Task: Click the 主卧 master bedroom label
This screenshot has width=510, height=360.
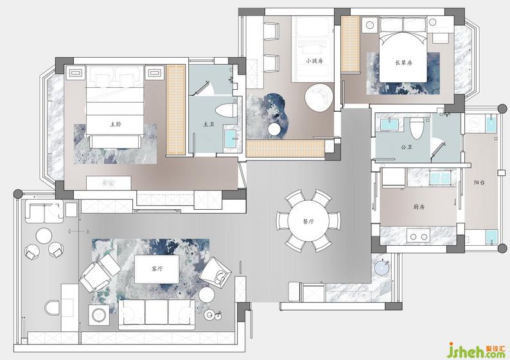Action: point(116,124)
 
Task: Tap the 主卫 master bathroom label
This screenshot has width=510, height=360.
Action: point(209,124)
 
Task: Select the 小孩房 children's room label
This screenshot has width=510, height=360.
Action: point(315,61)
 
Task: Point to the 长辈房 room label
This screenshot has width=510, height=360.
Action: point(403,63)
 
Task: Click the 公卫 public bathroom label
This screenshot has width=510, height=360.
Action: point(406,147)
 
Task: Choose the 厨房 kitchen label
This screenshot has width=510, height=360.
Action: point(419,207)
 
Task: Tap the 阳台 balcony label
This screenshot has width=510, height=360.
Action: point(479,183)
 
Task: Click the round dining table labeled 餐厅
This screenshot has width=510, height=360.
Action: point(308,221)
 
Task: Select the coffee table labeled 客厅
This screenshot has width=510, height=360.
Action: point(157,269)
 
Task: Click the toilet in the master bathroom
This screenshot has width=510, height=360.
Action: point(226,110)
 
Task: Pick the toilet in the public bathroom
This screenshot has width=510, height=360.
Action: point(416,128)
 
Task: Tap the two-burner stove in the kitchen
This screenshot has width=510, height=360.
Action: point(419,237)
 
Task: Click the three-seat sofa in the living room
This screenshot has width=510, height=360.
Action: point(157,314)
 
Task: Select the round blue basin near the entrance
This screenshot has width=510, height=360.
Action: point(383,268)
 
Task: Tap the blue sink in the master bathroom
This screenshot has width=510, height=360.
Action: point(231,139)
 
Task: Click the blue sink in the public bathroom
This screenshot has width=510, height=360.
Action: point(389,124)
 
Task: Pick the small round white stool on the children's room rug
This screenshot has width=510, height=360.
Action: point(274,129)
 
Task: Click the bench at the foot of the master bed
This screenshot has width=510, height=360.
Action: point(114,142)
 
